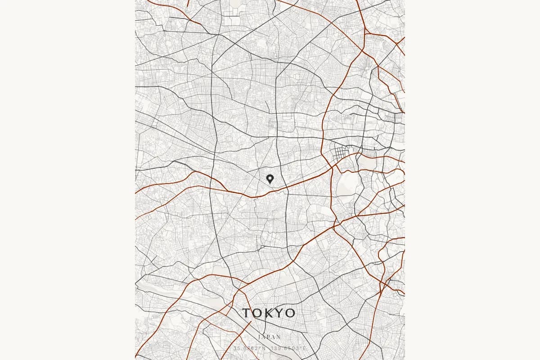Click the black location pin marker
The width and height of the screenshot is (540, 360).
click(x=270, y=179)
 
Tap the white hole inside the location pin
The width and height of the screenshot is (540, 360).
click(x=270, y=178)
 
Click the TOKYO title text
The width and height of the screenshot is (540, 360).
click(x=269, y=313)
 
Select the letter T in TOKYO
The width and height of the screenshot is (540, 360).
click(x=247, y=313)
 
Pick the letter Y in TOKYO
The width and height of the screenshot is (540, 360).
click(x=279, y=313)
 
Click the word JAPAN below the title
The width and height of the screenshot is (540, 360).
click(x=270, y=337)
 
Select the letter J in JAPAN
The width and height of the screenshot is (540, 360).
click(x=260, y=337)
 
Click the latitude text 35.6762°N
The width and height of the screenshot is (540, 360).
click(x=249, y=348)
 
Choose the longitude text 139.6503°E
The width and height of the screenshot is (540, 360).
click(x=289, y=348)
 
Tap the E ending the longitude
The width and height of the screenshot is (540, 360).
click(x=305, y=348)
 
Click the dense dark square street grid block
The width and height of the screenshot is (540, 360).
click(x=341, y=156)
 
